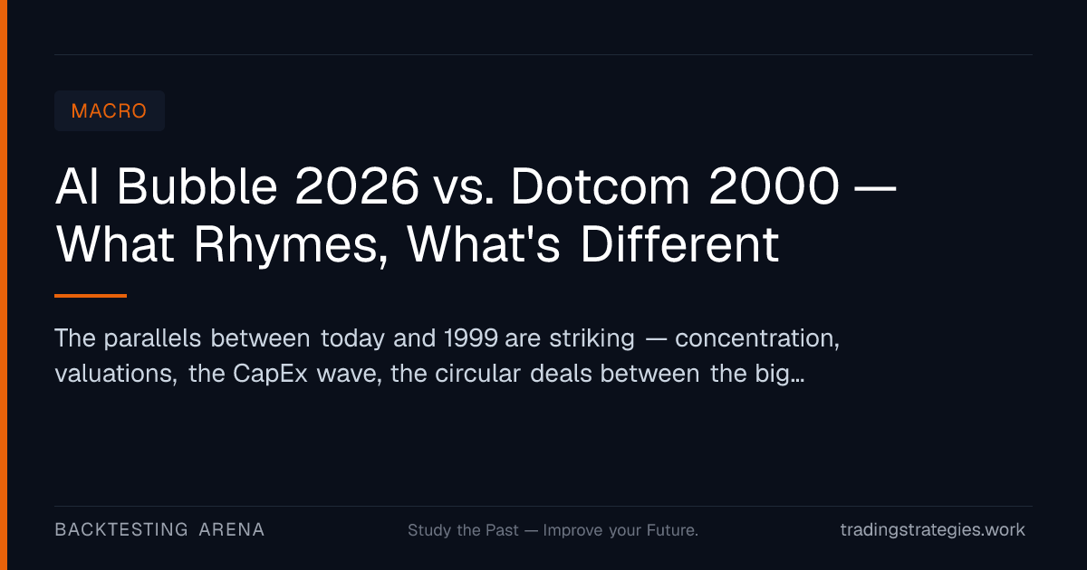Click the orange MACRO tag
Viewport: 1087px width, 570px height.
[x=110, y=111]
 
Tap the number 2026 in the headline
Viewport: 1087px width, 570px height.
[x=357, y=186]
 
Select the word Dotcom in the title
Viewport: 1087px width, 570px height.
[x=600, y=186]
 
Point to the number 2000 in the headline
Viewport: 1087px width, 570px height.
[x=774, y=186]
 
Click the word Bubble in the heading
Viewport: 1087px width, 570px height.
[x=197, y=186]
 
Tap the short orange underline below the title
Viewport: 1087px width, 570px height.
[x=91, y=296]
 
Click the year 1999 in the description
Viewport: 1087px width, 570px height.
[x=471, y=337]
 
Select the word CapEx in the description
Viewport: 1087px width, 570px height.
[x=270, y=374]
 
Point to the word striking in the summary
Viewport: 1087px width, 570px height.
[x=592, y=338]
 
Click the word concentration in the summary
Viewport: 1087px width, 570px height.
[x=757, y=338]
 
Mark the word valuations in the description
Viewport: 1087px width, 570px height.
[x=116, y=374]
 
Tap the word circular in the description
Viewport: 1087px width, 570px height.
[x=477, y=373]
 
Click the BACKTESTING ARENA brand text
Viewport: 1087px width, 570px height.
[x=159, y=529]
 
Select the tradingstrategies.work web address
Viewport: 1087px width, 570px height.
[x=933, y=529]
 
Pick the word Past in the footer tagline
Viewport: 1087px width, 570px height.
[x=502, y=530]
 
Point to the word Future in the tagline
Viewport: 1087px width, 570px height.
[x=672, y=530]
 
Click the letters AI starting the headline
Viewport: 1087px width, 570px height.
[x=77, y=186]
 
